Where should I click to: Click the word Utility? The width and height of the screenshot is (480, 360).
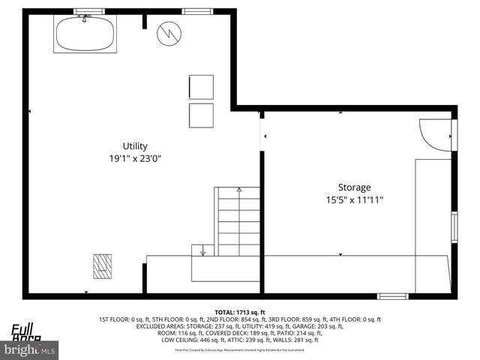pos(135,146)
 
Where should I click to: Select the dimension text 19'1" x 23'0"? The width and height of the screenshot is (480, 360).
pos(135,158)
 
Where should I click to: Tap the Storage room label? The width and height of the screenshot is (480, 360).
pos(354,187)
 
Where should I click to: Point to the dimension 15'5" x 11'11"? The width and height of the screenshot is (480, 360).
pos(354,199)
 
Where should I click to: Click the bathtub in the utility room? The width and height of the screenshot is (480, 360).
pos(85,34)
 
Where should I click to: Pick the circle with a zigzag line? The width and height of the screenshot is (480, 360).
pos(169,32)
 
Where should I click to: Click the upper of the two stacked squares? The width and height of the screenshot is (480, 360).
pos(201,86)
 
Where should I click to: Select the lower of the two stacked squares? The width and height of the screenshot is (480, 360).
pos(201,115)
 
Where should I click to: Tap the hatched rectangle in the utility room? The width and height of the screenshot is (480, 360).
pos(103,265)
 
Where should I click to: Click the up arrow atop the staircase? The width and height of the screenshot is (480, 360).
pos(238,190)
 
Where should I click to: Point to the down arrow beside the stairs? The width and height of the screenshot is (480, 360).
pos(202,250)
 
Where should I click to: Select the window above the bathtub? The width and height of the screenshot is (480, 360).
pos(89,11)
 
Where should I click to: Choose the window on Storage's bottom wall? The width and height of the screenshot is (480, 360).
pos(392,296)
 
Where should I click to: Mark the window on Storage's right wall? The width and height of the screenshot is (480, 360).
pos(454,226)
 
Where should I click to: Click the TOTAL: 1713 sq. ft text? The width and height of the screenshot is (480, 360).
pos(240,312)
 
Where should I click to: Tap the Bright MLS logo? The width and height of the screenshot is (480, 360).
pos(30,349)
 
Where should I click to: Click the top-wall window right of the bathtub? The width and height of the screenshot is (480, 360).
pos(197,11)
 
